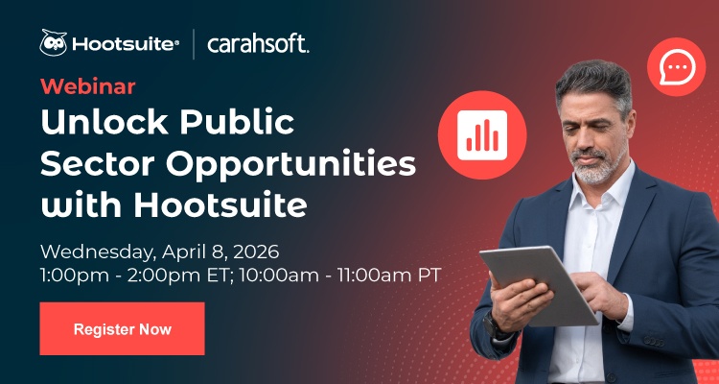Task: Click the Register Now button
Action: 122,329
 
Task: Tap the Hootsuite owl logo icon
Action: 53,43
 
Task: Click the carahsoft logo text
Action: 258,44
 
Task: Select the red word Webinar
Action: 87,86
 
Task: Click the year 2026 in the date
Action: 252,252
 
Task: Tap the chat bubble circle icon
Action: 676,68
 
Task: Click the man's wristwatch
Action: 499,324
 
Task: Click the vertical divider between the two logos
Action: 195,44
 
